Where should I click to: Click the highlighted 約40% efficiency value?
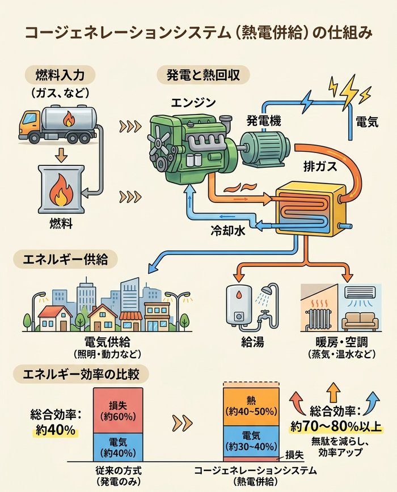pyautogui.click(x=56, y=430)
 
